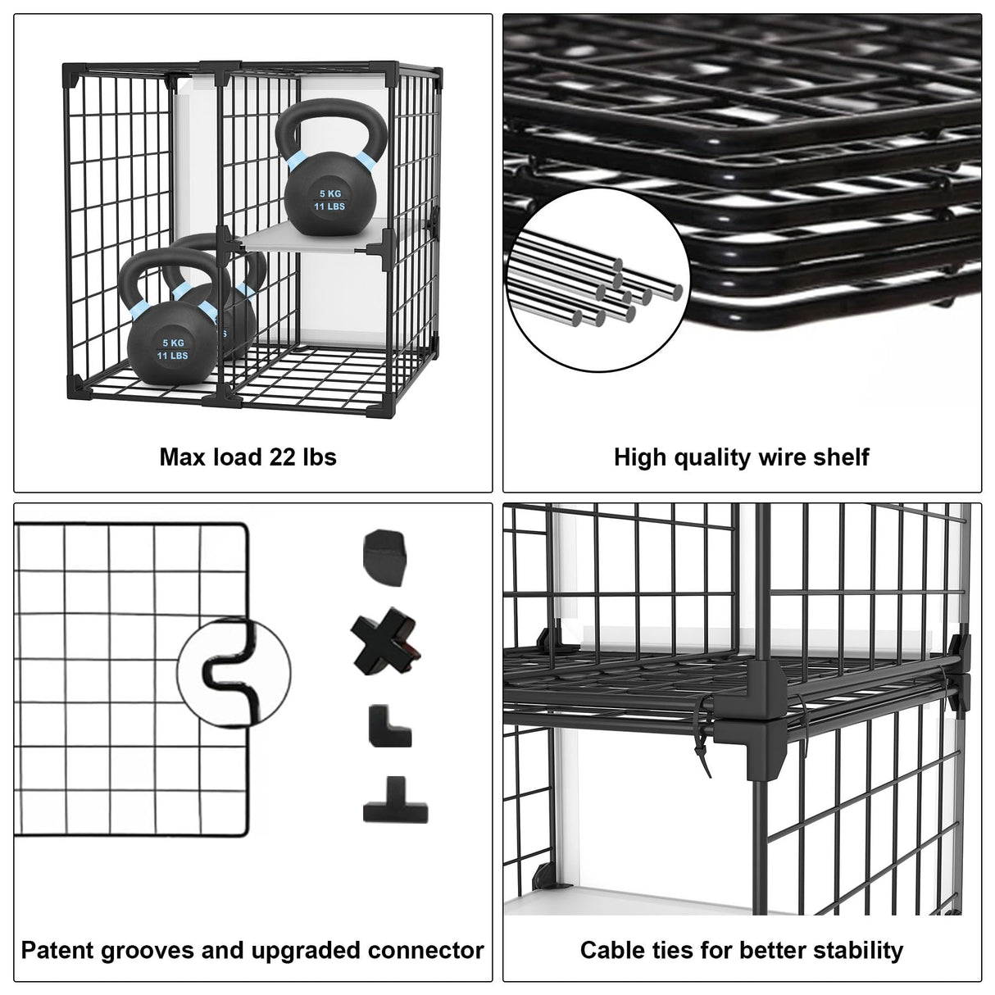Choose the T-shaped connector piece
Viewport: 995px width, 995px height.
[x=397, y=801]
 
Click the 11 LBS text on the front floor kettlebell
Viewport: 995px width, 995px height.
[x=173, y=356]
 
